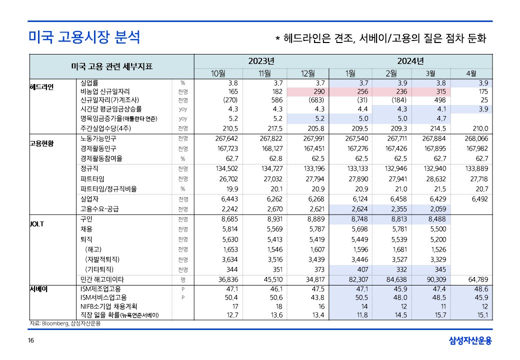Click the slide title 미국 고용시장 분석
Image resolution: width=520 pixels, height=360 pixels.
(x=84, y=37)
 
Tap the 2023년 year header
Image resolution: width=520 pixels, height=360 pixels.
(x=261, y=61)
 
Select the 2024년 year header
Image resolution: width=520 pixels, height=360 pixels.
(x=410, y=61)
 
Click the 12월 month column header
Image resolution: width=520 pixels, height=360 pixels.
(x=308, y=73)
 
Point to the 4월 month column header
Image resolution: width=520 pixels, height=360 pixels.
(x=470, y=73)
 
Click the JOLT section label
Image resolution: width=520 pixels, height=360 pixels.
(x=37, y=224)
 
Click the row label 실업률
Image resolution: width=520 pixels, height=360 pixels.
(x=89, y=83)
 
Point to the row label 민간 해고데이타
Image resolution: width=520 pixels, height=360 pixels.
(x=102, y=279)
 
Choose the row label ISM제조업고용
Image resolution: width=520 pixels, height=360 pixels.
(x=100, y=289)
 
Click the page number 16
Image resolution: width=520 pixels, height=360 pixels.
(x=31, y=341)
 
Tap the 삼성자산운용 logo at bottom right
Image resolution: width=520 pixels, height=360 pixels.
(x=470, y=341)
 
